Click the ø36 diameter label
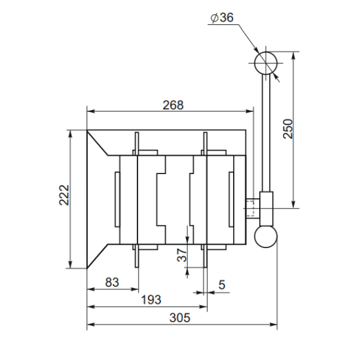coord(223,18)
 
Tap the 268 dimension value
coord(173,105)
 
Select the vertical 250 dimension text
coord(288,129)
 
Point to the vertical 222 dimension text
coord(64,195)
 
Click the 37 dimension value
coord(182,255)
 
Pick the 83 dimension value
coord(112,282)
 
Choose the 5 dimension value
coord(222,285)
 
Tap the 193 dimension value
coord(151,300)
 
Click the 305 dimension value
coord(180,318)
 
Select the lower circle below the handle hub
coord(266,225)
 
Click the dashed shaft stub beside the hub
coord(253,208)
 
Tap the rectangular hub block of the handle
coord(266,209)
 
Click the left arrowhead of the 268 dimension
coord(91,111)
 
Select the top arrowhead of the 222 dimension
coord(71,134)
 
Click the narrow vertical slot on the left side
coord(117,200)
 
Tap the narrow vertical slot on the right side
coord(231,200)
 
